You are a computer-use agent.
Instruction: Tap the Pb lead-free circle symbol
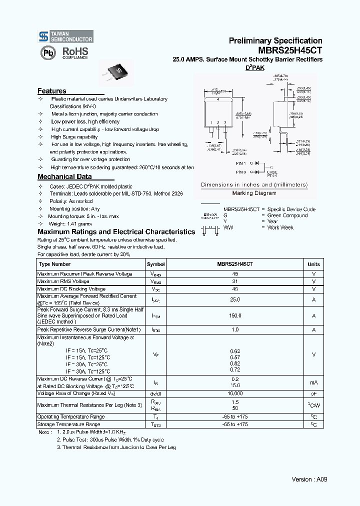[x=48, y=53]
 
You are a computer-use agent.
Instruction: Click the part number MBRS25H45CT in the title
[x=290, y=50]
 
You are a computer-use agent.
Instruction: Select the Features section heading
[x=52, y=91]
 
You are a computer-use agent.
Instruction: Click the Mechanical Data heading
[x=64, y=176]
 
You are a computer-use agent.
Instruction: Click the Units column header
[x=313, y=264]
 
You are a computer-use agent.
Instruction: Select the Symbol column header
[x=156, y=264]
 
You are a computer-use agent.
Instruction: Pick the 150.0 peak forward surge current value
[x=235, y=316]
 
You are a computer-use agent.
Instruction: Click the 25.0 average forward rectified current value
[x=235, y=299]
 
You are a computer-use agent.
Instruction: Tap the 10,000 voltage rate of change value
[x=235, y=393]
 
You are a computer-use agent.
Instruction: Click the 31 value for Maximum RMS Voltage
[x=235, y=281]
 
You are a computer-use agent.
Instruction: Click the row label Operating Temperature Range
[x=71, y=416]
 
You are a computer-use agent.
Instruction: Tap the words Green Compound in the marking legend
[x=287, y=215]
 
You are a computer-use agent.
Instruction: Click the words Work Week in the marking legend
[x=280, y=227]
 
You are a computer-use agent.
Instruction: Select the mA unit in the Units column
[x=313, y=382]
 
